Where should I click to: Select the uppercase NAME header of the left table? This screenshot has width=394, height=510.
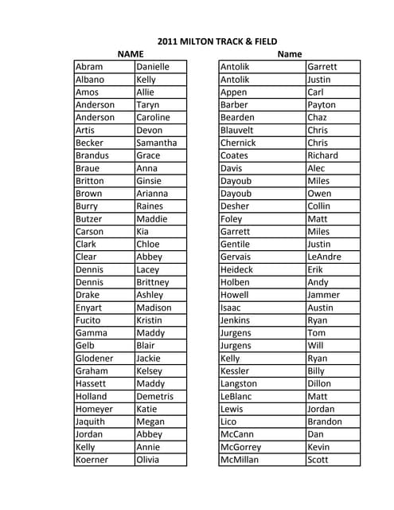tap(130, 54)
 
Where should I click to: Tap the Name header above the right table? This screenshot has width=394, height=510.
tap(290, 54)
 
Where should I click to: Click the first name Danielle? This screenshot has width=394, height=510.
tap(153, 67)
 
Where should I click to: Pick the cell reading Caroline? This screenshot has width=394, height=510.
tap(154, 118)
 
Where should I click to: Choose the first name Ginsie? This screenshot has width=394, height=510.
tap(150, 181)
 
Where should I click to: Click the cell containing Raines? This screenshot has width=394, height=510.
tap(150, 206)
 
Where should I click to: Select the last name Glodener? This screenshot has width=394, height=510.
tap(94, 359)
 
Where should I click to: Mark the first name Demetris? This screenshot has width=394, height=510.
tap(155, 396)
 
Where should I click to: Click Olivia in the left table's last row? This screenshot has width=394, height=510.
tap(149, 460)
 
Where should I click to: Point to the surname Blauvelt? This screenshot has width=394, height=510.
tap(237, 130)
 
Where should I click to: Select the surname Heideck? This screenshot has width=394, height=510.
tap(237, 269)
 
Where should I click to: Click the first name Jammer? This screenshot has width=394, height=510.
tap(323, 295)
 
